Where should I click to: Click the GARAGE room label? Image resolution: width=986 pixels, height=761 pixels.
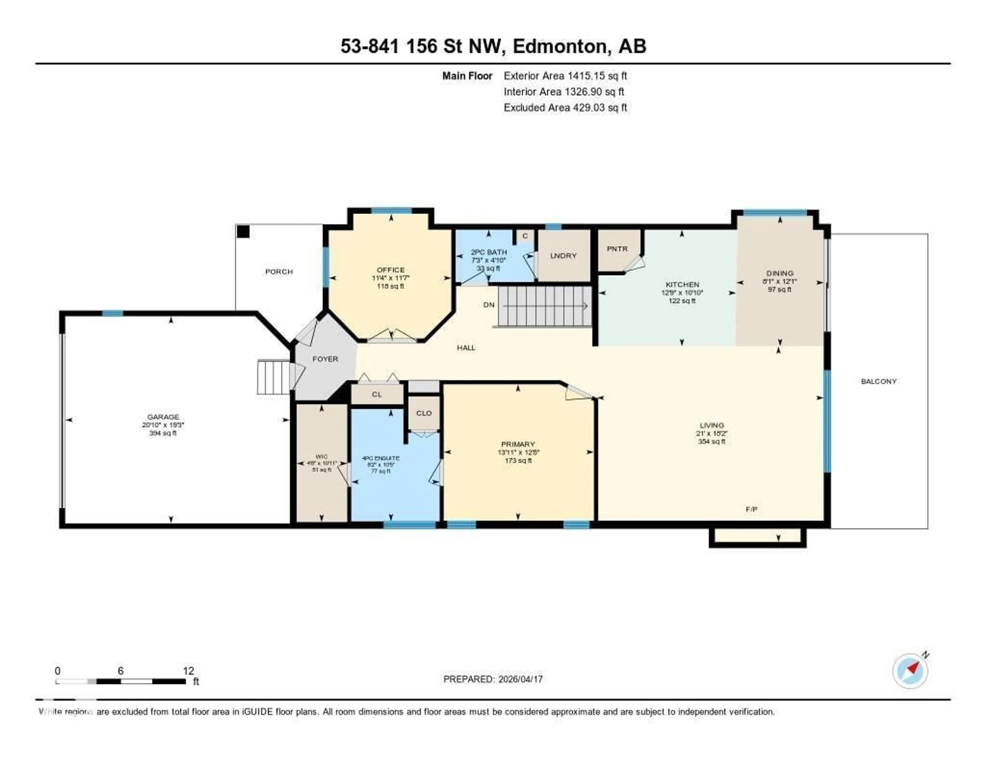(x=163, y=417)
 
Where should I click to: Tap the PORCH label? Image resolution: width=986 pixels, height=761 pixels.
(x=279, y=271)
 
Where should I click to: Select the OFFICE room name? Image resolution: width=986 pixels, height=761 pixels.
(x=391, y=270)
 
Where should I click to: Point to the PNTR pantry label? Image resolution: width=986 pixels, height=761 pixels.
(x=617, y=249)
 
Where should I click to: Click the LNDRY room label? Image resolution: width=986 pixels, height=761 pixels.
(x=563, y=256)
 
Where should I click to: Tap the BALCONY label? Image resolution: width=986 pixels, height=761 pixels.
(x=879, y=381)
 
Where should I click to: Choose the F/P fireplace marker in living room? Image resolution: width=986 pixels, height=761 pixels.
(x=751, y=509)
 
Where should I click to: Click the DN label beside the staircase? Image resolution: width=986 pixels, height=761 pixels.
(x=489, y=305)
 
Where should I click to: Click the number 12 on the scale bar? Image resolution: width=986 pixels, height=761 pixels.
(x=188, y=671)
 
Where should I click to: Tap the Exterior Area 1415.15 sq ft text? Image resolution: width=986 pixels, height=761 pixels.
(x=565, y=76)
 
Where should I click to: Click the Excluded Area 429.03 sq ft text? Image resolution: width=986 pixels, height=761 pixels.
(x=565, y=107)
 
